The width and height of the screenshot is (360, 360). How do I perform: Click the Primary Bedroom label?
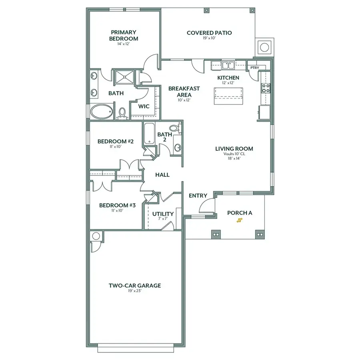124,35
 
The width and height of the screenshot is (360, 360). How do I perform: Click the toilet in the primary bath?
122,114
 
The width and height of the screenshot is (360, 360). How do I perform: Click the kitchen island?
228,96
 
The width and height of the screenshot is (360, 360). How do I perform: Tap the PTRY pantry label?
254,68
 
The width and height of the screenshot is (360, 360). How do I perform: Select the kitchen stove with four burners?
265,88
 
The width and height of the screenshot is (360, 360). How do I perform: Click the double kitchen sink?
229,65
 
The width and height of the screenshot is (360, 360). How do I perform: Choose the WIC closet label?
144,106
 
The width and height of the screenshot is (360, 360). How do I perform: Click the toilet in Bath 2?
174,128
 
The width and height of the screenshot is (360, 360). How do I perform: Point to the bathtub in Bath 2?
149,134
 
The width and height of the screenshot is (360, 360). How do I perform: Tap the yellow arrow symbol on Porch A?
240,220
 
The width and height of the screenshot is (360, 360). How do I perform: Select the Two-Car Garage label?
135,286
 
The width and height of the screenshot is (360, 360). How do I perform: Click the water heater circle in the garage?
96,236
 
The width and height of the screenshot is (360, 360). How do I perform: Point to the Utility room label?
163,214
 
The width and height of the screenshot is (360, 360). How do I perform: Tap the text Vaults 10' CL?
240,154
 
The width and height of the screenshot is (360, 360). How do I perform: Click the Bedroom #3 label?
118,205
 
